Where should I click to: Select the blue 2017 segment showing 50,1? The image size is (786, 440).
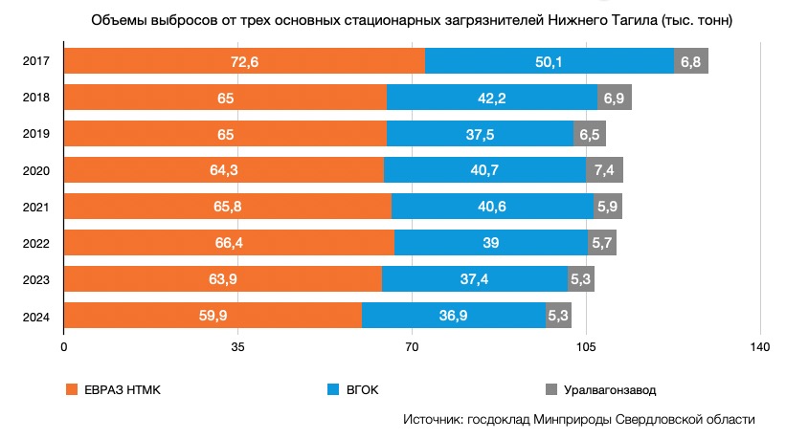coord(549,61)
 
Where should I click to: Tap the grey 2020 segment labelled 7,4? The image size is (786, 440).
coord(604,170)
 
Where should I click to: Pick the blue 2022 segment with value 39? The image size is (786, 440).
coord(490,243)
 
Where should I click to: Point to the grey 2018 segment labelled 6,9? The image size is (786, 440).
coord(614,98)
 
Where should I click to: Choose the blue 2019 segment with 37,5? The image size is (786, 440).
coord(480,134)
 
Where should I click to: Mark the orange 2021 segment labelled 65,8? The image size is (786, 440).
coord(227,207)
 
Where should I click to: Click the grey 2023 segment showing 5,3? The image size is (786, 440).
coord(580,279)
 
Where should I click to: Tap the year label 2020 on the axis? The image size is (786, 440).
coord(35,170)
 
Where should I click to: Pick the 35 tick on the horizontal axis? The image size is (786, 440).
coord(238,346)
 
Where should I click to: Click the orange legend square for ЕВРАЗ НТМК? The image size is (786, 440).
coord(70,389)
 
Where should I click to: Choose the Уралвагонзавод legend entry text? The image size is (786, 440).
coord(610,389)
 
